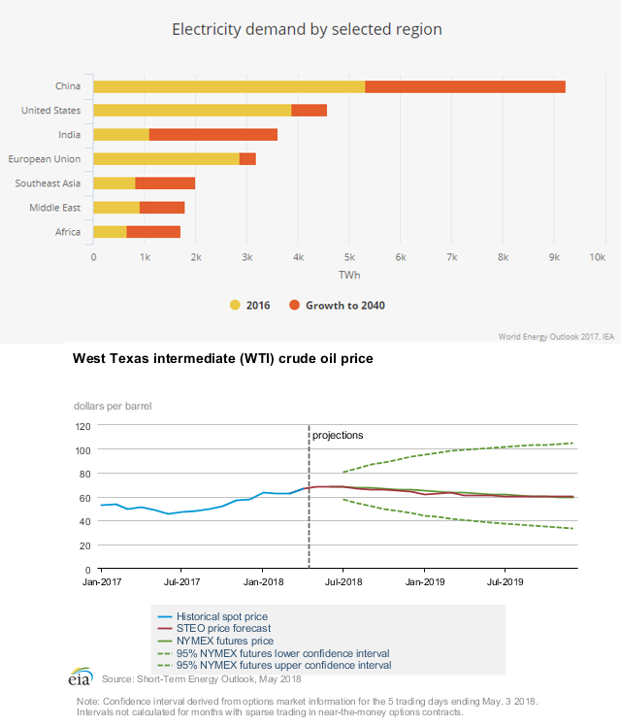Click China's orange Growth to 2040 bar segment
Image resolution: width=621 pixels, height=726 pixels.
[465, 86]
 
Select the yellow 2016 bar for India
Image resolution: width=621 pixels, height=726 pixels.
[121, 135]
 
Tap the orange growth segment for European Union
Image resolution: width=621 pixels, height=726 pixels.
[247, 159]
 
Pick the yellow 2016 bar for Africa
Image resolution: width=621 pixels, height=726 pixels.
[110, 232]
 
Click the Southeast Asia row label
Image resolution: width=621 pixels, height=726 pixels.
[48, 183]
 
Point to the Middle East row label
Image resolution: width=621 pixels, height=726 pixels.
[54, 208]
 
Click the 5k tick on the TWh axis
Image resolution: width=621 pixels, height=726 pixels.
[349, 257]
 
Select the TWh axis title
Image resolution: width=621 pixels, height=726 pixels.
[349, 276]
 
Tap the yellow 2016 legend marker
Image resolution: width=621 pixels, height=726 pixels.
[235, 305]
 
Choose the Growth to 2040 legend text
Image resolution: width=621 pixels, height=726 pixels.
[345, 305]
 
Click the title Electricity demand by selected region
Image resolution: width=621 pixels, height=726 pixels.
[307, 29]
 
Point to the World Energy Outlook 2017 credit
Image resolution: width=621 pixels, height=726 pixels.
[556, 337]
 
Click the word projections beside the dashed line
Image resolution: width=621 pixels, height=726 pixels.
[338, 435]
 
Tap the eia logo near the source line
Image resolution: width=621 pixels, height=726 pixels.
[80, 676]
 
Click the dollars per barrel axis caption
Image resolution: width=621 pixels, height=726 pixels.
[113, 406]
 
